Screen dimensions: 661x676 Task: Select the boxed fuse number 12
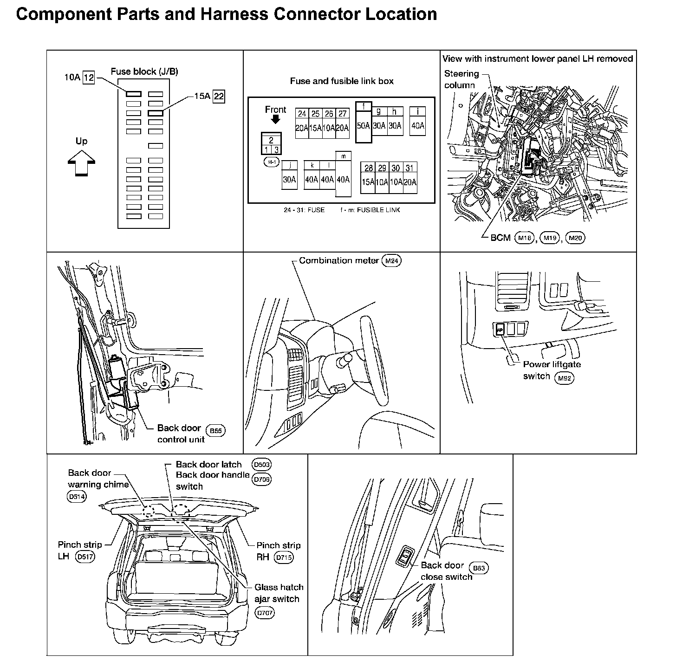[x=89, y=78]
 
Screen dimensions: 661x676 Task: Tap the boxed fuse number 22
[x=219, y=97]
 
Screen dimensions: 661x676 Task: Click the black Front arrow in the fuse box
[x=275, y=120]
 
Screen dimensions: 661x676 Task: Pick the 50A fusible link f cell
[x=364, y=126]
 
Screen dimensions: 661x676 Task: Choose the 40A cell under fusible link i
[x=418, y=126]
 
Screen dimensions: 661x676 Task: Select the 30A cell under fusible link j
[x=289, y=180]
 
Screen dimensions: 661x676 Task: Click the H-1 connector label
[x=272, y=162]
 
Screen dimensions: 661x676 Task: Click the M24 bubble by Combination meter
[x=391, y=261]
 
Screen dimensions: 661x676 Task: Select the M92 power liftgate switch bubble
[x=564, y=377]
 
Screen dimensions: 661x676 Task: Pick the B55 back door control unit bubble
[x=215, y=431]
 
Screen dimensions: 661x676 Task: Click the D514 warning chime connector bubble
[x=77, y=496]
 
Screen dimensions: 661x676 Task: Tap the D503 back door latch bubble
[x=261, y=464]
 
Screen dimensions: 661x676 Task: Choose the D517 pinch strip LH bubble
[x=85, y=557]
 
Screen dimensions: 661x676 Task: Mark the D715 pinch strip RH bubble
[x=284, y=557]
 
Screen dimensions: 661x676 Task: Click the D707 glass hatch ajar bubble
[x=265, y=613]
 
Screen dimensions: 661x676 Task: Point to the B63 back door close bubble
[x=479, y=568]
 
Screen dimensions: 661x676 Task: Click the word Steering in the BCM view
[x=461, y=73]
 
